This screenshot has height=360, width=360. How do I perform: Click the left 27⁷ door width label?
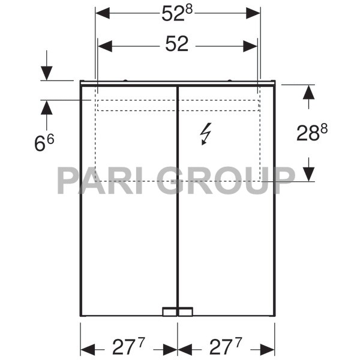tap(129, 347)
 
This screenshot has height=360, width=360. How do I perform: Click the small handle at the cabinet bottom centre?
tap(178, 311)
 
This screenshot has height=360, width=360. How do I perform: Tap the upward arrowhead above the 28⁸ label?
tap(308, 92)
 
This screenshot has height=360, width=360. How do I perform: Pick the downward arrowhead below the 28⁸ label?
tap(308, 174)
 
